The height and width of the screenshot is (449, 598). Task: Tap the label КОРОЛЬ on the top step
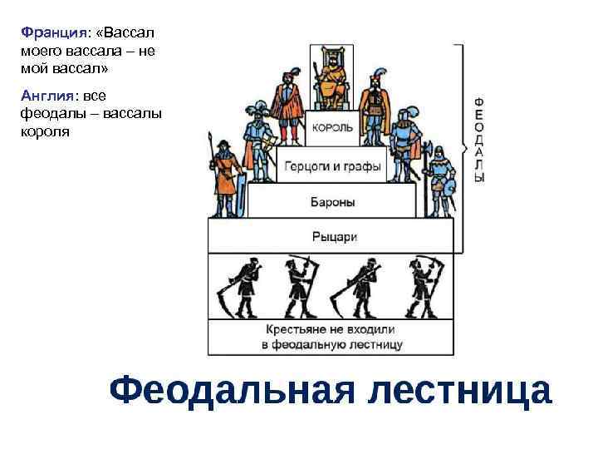[x=332, y=128]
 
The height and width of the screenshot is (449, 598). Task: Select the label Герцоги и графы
[x=332, y=166]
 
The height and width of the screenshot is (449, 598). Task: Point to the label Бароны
[x=332, y=201]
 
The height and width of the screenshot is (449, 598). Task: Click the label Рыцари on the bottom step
[x=334, y=237]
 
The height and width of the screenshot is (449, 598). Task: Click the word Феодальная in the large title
[x=236, y=391]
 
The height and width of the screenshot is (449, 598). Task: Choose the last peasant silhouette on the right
[x=424, y=286]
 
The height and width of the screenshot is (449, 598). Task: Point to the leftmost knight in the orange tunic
[x=224, y=175]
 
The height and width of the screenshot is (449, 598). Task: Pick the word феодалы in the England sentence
[x=48, y=113]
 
